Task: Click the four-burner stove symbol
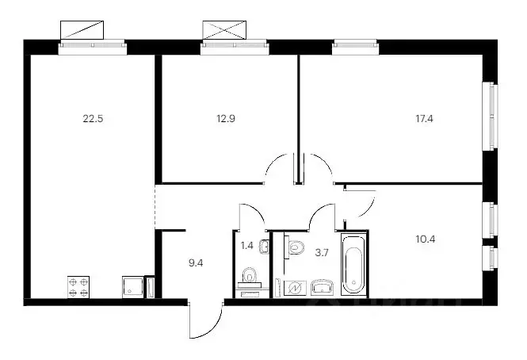pos(78,286)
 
